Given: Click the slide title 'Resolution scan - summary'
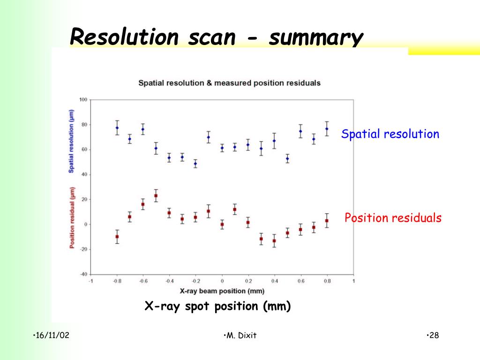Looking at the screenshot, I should point(216,37).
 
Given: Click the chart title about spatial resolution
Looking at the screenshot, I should point(229,83).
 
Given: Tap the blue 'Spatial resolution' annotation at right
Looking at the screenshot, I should point(390,134).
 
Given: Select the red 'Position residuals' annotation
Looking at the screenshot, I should point(393,218).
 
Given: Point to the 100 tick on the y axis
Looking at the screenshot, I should point(83,99).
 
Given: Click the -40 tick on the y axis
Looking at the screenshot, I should point(83,274).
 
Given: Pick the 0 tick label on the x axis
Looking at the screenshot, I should point(222,281).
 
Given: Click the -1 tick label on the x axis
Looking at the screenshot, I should point(90,281).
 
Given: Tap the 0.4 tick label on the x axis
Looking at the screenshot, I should point(274,281).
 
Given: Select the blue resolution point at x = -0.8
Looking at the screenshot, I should point(117,128).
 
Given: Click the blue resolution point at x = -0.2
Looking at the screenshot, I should point(195,164).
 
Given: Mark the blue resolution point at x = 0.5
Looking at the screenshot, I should point(287,158).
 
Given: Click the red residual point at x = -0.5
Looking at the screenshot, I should point(156,195).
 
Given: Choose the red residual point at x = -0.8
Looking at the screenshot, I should point(117,237).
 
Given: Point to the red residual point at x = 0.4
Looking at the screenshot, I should point(274,241).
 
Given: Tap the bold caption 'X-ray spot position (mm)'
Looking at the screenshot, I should point(217,307).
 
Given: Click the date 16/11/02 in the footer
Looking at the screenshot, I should point(52,335).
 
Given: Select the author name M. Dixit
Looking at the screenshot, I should point(240,335).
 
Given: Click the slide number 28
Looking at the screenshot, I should point(434,335).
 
